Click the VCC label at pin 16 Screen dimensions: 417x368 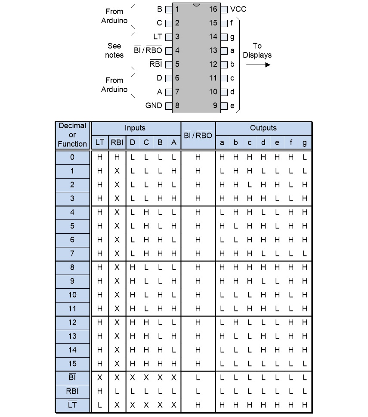click(238, 9)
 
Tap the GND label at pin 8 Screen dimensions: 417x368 click(154, 105)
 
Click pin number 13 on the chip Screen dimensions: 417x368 click(213, 50)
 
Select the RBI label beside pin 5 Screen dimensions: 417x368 click(155, 64)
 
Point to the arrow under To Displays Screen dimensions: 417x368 click(258, 65)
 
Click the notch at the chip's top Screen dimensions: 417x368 click(197, 5)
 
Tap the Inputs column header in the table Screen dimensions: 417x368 click(135, 128)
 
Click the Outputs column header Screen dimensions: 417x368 click(263, 128)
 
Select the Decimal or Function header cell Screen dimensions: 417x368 click(72, 135)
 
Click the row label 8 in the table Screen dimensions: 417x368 click(72, 267)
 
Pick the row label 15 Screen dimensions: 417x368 click(72, 364)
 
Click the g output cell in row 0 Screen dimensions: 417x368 click(305, 158)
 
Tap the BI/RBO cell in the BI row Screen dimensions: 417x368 click(198, 377)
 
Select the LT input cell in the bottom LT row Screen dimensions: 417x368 click(100, 405)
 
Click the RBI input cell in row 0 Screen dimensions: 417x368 click(117, 158)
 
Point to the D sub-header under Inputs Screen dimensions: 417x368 click(132, 142)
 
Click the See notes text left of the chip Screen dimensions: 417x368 click(114, 50)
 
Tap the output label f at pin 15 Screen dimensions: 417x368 click(232, 23)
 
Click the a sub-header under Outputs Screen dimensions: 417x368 click(222, 142)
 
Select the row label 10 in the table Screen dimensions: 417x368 click(72, 295)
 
